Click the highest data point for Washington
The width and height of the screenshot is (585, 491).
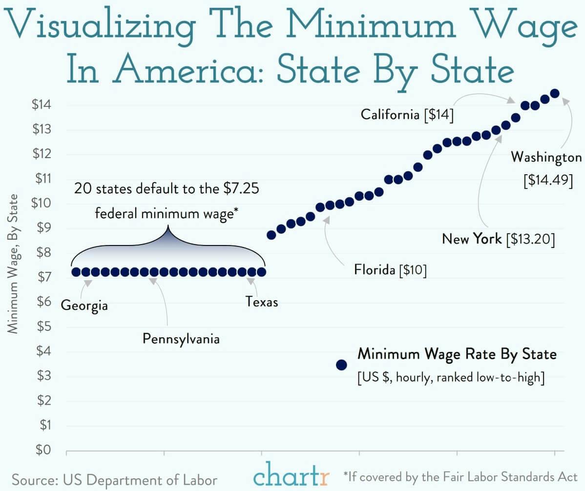point(555,93)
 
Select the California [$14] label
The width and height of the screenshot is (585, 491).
point(407,115)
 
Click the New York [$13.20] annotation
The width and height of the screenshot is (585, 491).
point(498,239)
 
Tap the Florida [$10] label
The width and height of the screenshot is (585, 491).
point(390,270)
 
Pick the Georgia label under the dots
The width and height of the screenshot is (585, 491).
point(84,306)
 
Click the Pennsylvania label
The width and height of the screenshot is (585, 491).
point(181,338)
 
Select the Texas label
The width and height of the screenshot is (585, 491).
point(262,302)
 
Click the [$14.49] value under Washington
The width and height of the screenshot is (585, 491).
point(547,180)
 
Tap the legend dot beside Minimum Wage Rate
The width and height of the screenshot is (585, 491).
point(341,365)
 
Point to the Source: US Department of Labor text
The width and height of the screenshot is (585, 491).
point(115,479)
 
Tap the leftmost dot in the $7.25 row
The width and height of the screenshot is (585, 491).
point(76,272)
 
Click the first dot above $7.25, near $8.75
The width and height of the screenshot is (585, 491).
point(272,235)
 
